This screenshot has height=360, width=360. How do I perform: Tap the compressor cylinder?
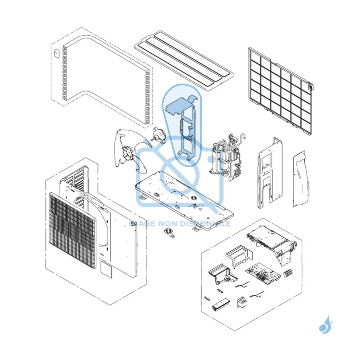tap(218, 158)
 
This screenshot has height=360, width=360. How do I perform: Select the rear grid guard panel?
tap(280, 91)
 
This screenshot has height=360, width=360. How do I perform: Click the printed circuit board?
tap(263, 273)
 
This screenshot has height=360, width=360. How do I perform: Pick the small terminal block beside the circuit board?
tap(288, 274)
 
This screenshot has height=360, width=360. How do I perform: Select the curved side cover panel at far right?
tap(301, 179)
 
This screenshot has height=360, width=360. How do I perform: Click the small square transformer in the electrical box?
tap(241, 302)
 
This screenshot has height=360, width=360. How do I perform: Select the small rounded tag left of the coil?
tap(56, 53)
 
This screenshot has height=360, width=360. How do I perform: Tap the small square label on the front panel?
tap(106, 270)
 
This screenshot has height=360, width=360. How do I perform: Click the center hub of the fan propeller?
tap(127, 153)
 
